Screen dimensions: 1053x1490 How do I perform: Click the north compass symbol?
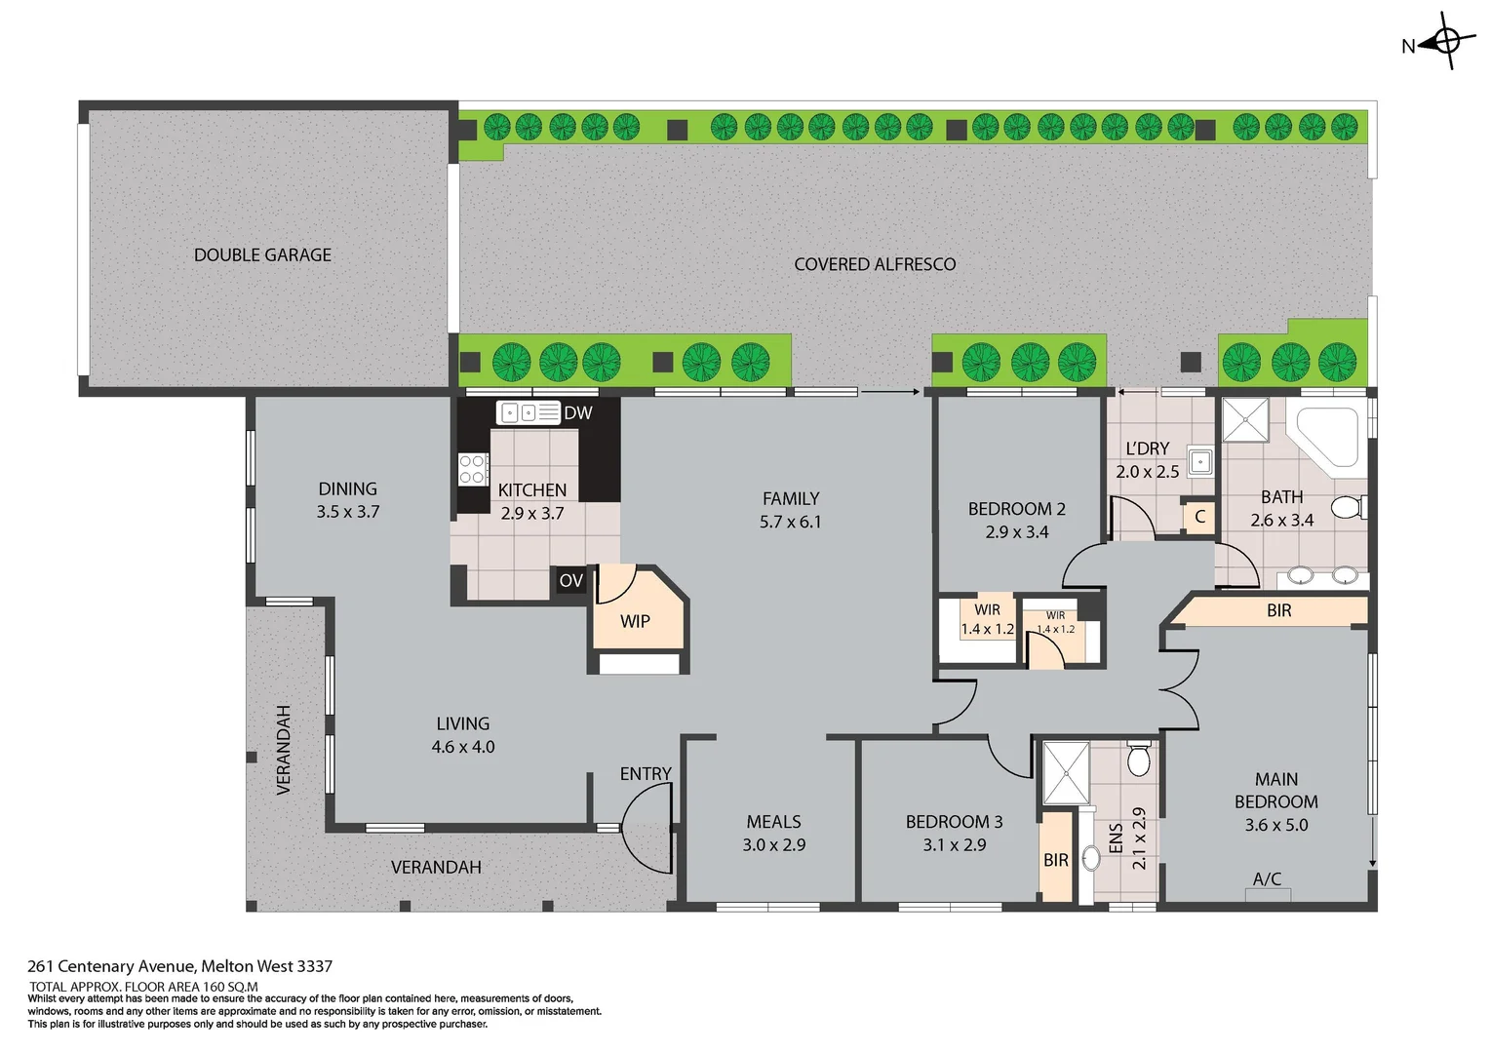point(1446,42)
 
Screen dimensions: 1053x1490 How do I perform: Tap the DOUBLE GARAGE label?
point(262,255)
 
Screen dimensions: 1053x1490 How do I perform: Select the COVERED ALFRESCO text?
point(875,264)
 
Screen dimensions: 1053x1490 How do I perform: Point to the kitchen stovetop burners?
point(473,469)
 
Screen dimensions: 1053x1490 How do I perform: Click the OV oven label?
point(570,581)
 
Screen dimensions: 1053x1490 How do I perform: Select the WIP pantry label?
point(635,621)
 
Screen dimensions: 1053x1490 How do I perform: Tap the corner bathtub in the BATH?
point(1326,436)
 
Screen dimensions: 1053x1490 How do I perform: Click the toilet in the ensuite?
point(1138,759)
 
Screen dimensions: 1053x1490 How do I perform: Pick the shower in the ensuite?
point(1066,773)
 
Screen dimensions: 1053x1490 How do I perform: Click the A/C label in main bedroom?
point(1267,879)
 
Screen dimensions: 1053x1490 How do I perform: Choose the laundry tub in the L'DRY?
point(1200,461)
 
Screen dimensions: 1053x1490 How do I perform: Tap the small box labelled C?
point(1199,517)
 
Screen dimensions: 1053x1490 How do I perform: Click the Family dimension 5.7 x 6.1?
point(790,523)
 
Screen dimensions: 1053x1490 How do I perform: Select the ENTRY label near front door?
point(646,774)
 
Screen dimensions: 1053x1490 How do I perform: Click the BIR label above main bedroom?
point(1278,610)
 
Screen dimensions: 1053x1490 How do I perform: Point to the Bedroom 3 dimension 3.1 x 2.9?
point(954,845)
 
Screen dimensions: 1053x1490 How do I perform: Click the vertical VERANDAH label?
point(284,750)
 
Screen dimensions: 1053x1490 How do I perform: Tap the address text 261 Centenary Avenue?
point(179,966)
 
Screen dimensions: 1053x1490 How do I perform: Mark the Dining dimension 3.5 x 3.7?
point(347,512)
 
